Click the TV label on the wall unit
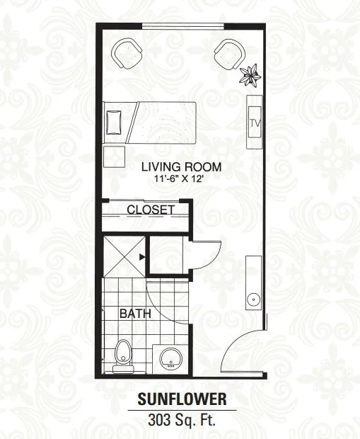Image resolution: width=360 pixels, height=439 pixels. point(255,123)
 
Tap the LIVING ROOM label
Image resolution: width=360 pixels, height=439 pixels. point(181,167)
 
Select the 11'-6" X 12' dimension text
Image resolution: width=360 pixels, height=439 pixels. point(179,178)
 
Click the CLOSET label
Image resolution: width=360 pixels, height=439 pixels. point(151,210)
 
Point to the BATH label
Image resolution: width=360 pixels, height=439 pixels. point(135,314)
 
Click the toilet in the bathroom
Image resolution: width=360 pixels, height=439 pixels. point(122,356)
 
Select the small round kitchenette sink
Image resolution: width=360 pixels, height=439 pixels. point(254,300)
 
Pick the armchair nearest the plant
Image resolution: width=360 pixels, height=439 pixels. point(230,55)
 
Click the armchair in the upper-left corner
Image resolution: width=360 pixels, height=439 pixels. point(127,54)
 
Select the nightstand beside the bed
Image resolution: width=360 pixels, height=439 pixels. point(114,156)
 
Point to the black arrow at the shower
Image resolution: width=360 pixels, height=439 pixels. point(142,256)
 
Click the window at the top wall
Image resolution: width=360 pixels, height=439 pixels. point(183,26)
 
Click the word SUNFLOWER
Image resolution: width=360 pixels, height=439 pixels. point(182,399)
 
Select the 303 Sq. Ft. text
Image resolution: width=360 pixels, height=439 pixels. point(182,420)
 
